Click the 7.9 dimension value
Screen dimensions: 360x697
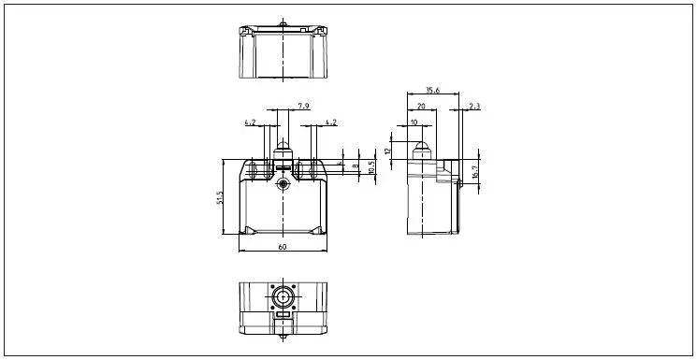(304, 107)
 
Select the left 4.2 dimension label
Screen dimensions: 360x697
(250, 122)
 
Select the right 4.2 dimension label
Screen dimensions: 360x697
(332, 122)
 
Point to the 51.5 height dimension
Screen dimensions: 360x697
(220, 198)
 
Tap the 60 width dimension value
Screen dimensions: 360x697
(282, 247)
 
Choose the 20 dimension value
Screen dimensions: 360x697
(422, 107)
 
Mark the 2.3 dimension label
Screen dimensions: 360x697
(474, 107)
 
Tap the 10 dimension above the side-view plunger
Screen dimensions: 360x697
(414, 122)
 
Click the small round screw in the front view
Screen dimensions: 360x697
(283, 186)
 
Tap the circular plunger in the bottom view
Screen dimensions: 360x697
(283, 298)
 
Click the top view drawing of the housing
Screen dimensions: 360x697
(282, 52)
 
